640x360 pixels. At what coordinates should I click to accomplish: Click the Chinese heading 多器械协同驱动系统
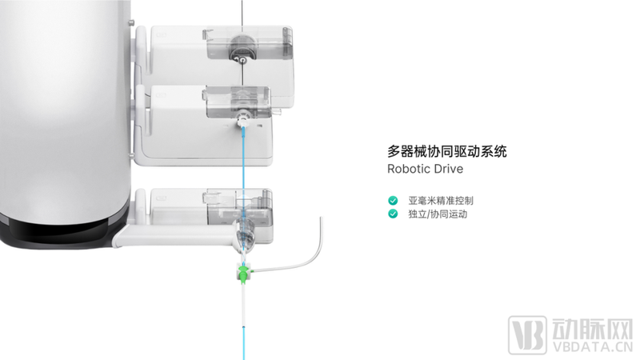pos(447,151)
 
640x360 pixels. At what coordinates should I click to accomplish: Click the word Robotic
pos(409,169)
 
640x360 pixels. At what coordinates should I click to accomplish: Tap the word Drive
pos(449,169)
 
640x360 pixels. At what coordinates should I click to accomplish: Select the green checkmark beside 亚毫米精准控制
pos(393,201)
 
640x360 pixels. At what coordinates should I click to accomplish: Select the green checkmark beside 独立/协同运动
pos(393,214)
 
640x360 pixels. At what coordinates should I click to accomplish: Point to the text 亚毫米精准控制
pos(441,201)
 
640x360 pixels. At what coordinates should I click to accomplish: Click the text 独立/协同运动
pos(438,214)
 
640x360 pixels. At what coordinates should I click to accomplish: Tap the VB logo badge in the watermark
pos(527,335)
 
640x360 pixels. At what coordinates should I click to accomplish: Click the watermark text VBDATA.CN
pos(593,347)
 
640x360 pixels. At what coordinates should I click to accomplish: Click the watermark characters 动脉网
pos(593,329)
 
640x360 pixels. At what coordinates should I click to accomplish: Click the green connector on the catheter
pos(244,273)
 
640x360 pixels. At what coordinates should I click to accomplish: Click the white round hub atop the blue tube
pos(243,119)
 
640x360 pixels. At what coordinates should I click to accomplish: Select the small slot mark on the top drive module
pos(161,35)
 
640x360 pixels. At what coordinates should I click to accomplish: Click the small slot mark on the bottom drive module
pos(161,198)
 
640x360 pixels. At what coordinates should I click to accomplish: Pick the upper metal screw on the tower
pos(132,22)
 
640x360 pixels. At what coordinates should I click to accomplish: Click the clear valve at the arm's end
pos(246,234)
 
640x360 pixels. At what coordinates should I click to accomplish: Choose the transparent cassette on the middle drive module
pos(238,102)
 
